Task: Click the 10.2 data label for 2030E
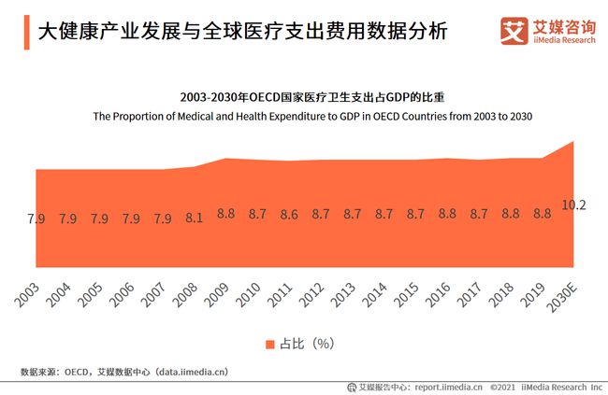pos(573,205)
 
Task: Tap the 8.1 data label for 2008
pos(195,219)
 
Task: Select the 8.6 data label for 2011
pos(289,215)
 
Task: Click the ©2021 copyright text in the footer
pos(505,386)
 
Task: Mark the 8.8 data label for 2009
pos(225,214)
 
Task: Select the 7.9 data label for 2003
pos(36,219)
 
